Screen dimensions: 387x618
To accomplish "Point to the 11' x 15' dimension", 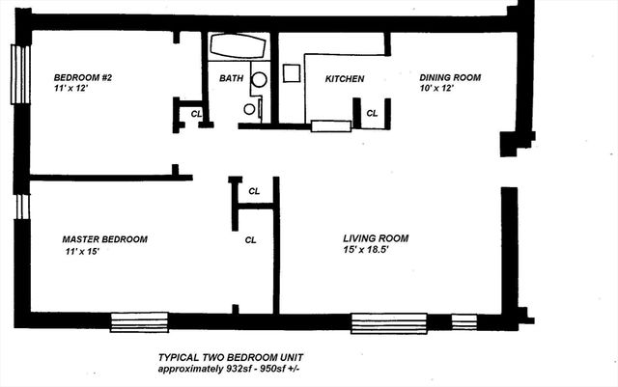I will (x=79, y=252).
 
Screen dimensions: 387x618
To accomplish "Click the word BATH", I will (x=231, y=78).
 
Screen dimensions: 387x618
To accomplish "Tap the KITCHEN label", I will (x=344, y=78).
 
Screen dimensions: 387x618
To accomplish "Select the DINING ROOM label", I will (x=450, y=77).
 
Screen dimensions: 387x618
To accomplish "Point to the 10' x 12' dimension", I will (x=435, y=89).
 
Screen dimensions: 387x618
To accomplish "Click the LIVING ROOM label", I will (x=376, y=238).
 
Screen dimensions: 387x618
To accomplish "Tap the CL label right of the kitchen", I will (x=372, y=113).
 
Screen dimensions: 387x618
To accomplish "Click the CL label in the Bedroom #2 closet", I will (x=197, y=113).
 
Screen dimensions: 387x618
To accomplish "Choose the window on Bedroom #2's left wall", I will (x=16, y=72).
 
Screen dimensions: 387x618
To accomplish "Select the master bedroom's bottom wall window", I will (x=139, y=321).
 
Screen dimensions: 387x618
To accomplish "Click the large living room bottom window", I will (x=388, y=322).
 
